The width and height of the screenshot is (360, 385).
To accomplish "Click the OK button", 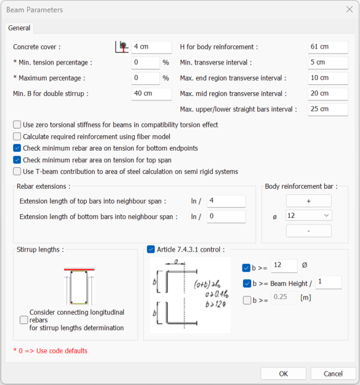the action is pyautogui.click(x=283, y=374).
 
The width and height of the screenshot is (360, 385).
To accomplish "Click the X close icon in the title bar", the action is pyautogui.click(x=349, y=10).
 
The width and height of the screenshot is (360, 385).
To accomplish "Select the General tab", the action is pyautogui.click(x=19, y=28).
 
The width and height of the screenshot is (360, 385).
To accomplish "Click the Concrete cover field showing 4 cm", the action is pyautogui.click(x=151, y=47).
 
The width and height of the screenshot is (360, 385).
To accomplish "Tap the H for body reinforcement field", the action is pyautogui.click(x=328, y=47).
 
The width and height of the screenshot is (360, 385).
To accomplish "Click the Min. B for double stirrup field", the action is pyautogui.click(x=151, y=94).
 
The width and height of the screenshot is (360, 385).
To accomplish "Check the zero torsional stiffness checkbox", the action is pyautogui.click(x=17, y=124).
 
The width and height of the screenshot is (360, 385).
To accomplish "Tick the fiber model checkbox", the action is pyautogui.click(x=17, y=137).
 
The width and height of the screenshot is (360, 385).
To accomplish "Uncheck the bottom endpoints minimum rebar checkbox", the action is pyautogui.click(x=17, y=148).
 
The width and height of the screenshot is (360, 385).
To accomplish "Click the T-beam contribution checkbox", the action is pyautogui.click(x=17, y=172).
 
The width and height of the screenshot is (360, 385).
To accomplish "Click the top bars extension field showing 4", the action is pyautogui.click(x=226, y=201).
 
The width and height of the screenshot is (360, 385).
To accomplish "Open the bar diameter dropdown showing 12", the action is pyautogui.click(x=309, y=216).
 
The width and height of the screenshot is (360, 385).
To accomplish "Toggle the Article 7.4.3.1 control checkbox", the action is pyautogui.click(x=151, y=250).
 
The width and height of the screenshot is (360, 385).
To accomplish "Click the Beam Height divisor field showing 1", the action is pyautogui.click(x=329, y=282).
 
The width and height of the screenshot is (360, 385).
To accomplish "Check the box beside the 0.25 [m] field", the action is pyautogui.click(x=247, y=300).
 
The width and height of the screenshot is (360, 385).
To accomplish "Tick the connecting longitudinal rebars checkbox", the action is pyautogui.click(x=24, y=320).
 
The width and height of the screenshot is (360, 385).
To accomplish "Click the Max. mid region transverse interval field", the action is pyautogui.click(x=328, y=94).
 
